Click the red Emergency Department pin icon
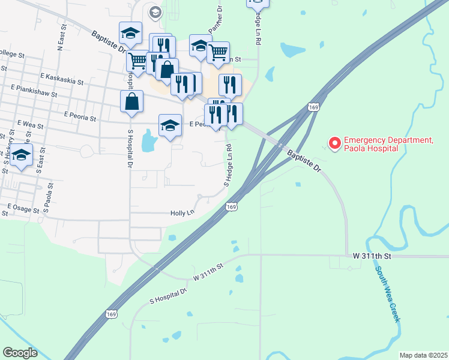coord(333,144)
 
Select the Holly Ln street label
coord(182,212)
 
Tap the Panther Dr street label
coord(215,22)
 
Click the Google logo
coord(20,353)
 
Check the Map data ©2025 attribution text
coord(423,355)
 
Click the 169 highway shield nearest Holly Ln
coord(231,206)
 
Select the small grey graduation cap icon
coord(155,11)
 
